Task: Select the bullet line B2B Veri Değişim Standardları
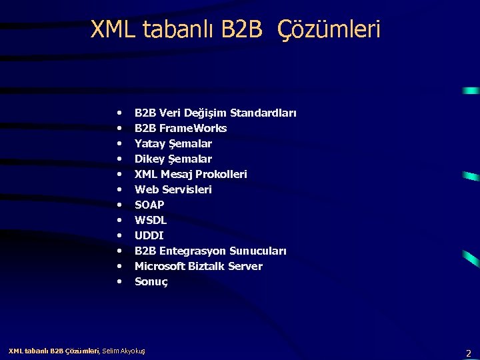tap(215, 113)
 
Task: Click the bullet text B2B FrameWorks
tap(181, 128)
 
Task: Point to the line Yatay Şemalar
tap(173, 143)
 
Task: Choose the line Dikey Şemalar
tap(173, 159)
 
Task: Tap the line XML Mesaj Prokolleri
tap(191, 174)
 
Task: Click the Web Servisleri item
tap(173, 189)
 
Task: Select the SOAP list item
tap(149, 205)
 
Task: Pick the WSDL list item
tap(151, 220)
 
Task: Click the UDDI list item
tap(149, 235)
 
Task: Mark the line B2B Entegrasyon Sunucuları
tap(211, 251)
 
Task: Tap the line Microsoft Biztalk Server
tap(199, 266)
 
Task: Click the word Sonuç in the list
tap(151, 281)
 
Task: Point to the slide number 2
tap(469, 353)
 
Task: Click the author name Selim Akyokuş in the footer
tap(124, 351)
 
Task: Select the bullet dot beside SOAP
tap(119, 205)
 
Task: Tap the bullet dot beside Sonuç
tap(119, 281)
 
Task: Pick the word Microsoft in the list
tap(160, 266)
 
